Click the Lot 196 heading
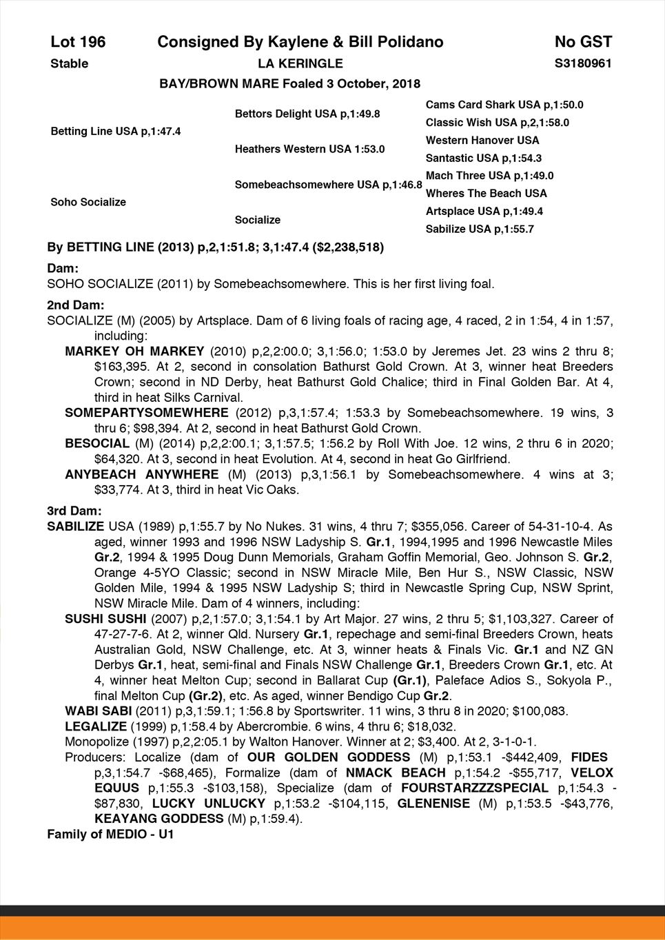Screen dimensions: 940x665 pyautogui.click(x=78, y=42)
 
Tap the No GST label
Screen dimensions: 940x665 pyautogui.click(x=583, y=42)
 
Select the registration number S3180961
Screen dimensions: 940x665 pyautogui.click(x=583, y=63)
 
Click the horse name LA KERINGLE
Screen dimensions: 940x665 pyautogui.click(x=300, y=63)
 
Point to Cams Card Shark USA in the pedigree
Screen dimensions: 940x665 pyautogui.click(x=483, y=105)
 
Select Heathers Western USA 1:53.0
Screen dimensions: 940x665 pyautogui.click(x=309, y=149)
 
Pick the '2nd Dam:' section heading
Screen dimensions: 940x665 pyautogui.click(x=75, y=304)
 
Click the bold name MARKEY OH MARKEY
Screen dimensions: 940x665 pyautogui.click(x=134, y=351)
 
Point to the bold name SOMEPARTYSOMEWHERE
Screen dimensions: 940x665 pyautogui.click(x=146, y=413)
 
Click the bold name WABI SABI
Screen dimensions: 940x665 pyautogui.click(x=96, y=711)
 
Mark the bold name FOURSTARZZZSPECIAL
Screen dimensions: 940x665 pyautogui.click(x=475, y=788)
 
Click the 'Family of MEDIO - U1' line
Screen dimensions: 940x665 pyautogui.click(x=110, y=835)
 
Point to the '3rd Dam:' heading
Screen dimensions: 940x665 pyautogui.click(x=74, y=511)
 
